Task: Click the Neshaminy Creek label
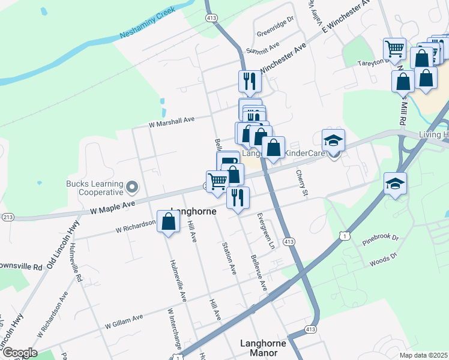140,22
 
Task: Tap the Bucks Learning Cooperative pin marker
132,188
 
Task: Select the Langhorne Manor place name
266,349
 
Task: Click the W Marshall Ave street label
172,122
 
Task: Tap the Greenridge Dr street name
274,22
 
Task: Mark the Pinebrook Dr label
380,239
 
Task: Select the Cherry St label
301,182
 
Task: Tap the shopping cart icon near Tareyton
394,49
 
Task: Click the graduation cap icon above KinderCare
333,140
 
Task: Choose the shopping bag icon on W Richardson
169,221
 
